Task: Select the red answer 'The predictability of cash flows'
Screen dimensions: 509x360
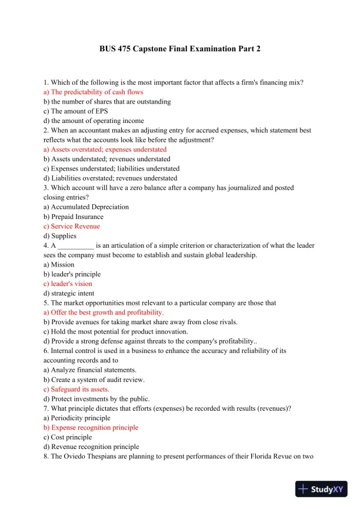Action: (94, 92)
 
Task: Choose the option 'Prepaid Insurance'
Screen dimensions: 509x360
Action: (74, 217)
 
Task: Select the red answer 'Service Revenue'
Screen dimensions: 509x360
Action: (72, 226)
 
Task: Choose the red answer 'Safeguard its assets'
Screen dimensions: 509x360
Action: (76, 389)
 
